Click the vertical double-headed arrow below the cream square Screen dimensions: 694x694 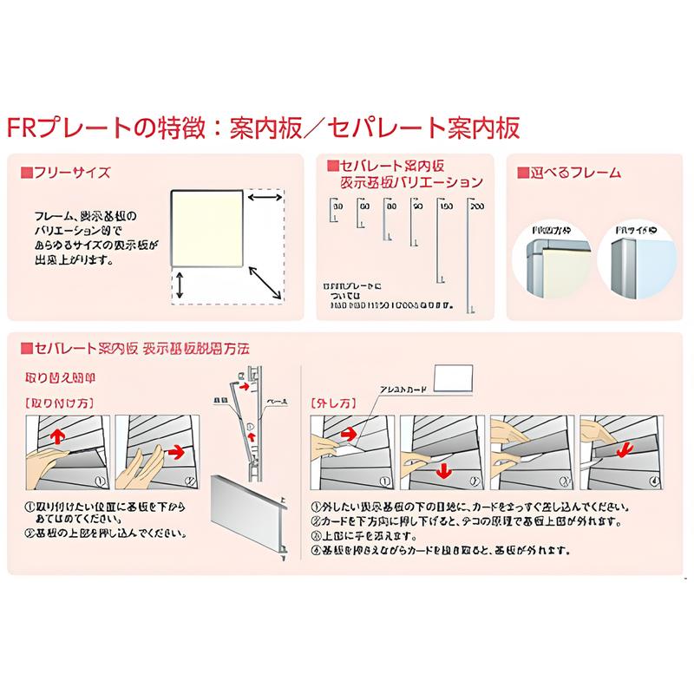(180, 285)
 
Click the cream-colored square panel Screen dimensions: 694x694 (206, 227)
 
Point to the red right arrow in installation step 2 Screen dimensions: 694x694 (176, 450)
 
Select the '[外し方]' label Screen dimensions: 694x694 (331, 403)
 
